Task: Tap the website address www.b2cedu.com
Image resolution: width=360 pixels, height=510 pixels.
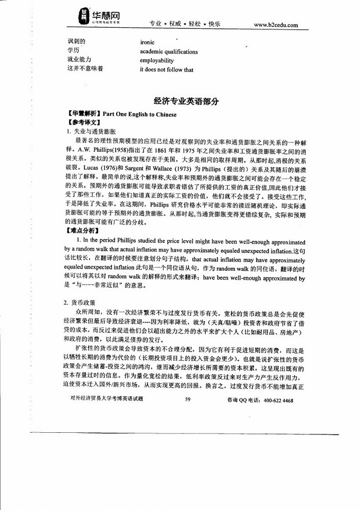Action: point(284,25)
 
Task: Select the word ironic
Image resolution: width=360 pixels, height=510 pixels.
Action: point(147,42)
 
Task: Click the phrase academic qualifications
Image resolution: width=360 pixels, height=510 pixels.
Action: point(169,51)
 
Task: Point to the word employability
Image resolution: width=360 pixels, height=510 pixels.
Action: point(157,60)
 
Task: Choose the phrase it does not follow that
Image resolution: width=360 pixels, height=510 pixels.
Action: point(167,69)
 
